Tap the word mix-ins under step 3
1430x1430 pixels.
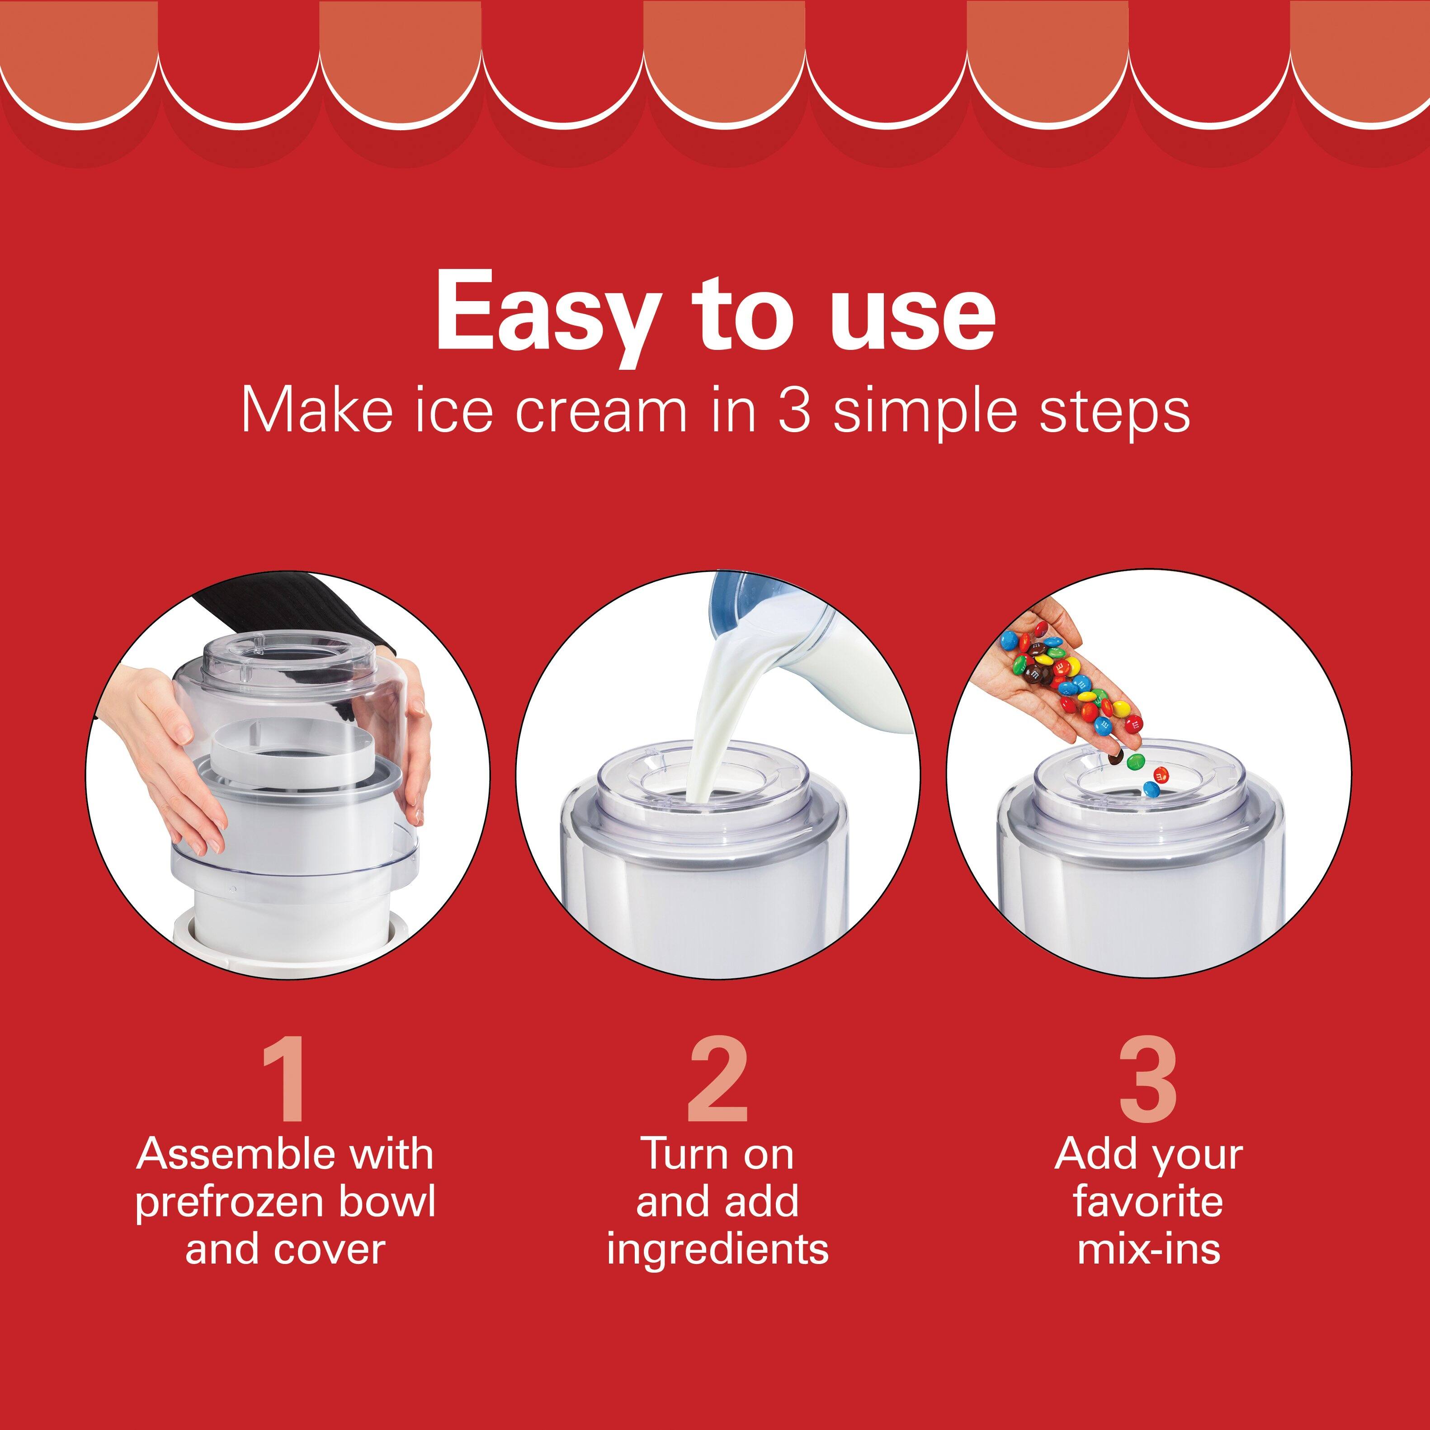coord(1148,1250)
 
